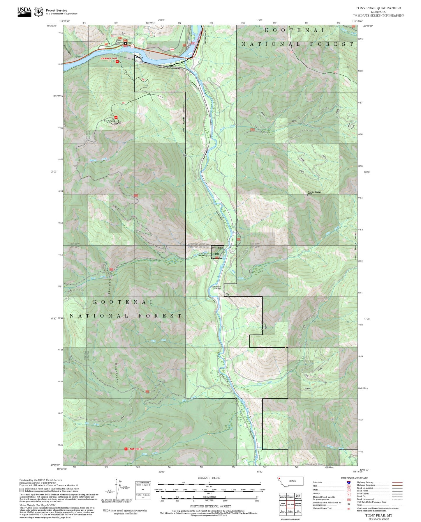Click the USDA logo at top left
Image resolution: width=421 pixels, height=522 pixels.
(x=24, y=12)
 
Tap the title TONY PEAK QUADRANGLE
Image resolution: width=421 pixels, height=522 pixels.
(x=378, y=8)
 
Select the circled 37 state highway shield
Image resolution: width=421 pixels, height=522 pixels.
(x=132, y=46)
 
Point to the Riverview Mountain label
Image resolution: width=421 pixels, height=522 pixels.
(x=314, y=192)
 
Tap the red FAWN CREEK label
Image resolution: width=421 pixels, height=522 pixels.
(x=135, y=449)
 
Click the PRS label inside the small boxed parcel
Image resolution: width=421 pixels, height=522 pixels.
(x=217, y=254)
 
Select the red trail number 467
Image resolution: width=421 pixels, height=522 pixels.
(x=124, y=103)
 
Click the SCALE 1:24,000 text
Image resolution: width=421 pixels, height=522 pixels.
(x=209, y=478)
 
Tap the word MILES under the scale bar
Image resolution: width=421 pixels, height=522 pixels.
(x=209, y=486)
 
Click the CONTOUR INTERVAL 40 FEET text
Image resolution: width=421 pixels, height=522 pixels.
(x=209, y=507)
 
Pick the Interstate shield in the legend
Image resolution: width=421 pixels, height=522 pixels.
(x=349, y=482)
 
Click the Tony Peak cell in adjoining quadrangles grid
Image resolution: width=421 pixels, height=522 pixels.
(x=290, y=504)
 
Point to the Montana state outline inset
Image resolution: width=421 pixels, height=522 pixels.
(x=290, y=481)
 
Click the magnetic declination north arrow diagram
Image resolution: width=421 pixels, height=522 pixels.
(x=116, y=490)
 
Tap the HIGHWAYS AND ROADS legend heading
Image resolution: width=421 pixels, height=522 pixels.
(x=355, y=478)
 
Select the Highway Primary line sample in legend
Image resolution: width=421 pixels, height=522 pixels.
(x=397, y=482)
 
